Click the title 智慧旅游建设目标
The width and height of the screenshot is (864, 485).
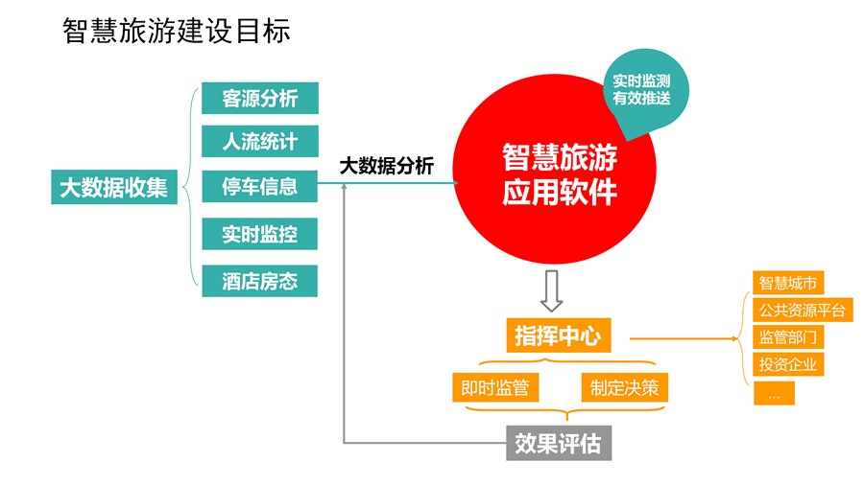(x=177, y=31)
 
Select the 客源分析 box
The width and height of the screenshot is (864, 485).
(x=260, y=98)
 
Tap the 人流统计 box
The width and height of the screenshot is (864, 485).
(x=260, y=141)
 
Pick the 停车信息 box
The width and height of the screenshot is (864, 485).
(x=259, y=186)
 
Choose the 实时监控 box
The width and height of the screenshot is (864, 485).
(x=259, y=234)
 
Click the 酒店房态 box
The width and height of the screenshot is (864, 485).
(x=259, y=281)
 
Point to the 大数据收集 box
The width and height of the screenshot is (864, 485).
(x=114, y=187)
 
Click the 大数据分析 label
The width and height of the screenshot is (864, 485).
(x=386, y=165)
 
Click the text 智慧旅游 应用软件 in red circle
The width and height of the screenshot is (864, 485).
(x=560, y=173)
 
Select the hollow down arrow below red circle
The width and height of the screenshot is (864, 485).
(x=551, y=290)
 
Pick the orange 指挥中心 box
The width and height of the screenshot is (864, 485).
(x=559, y=335)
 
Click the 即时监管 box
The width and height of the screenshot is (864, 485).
(x=495, y=387)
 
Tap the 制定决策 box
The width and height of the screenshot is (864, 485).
(x=624, y=387)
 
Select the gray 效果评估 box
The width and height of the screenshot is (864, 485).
(x=559, y=443)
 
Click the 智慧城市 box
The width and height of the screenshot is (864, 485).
(x=788, y=283)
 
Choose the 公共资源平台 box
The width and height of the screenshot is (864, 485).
(x=803, y=311)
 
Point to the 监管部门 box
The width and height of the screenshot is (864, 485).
(x=788, y=336)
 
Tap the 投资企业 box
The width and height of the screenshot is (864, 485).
(x=788, y=364)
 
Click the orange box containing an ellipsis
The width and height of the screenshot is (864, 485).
(x=774, y=393)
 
